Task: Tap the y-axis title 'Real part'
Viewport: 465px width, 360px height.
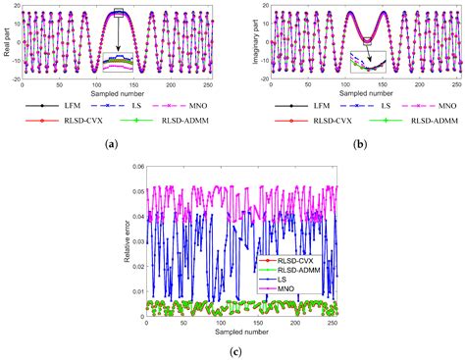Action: coord(7,43)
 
